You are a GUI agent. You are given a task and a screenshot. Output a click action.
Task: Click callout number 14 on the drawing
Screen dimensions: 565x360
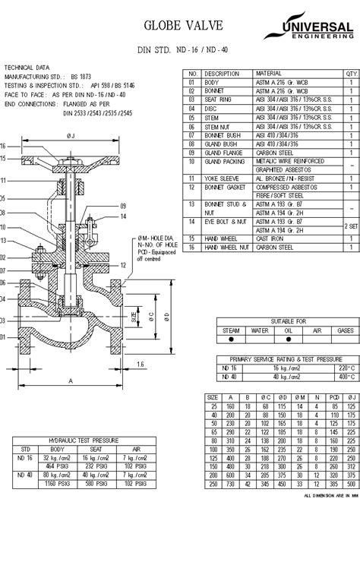click(x=122, y=217)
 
